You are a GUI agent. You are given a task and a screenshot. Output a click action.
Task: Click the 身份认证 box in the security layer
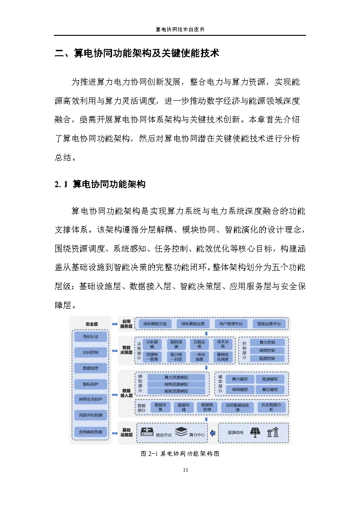pos(90,336)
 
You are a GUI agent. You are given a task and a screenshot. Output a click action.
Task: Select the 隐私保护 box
pos(90,384)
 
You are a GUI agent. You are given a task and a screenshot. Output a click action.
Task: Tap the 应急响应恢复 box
pos(90,431)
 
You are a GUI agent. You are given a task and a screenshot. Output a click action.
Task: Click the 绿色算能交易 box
pos(155,324)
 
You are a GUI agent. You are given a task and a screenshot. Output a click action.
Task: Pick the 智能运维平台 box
pos(269,324)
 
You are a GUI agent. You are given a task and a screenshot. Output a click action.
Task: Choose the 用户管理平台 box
pos(231,324)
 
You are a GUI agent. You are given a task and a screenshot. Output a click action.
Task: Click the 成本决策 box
pos(223,344)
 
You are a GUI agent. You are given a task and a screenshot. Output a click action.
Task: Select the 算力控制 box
pos(267,342)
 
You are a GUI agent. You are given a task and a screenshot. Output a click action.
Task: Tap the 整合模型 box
pos(270,389)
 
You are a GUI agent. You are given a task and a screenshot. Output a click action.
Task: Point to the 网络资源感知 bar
pos(176,384)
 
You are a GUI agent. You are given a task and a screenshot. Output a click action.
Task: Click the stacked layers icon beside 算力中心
pos(181,432)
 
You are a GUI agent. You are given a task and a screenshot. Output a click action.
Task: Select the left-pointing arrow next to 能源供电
pos(213,432)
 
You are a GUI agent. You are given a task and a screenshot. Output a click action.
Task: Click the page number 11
pos(185,470)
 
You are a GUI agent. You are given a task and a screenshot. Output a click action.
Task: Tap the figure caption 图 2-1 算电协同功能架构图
pos(180,454)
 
